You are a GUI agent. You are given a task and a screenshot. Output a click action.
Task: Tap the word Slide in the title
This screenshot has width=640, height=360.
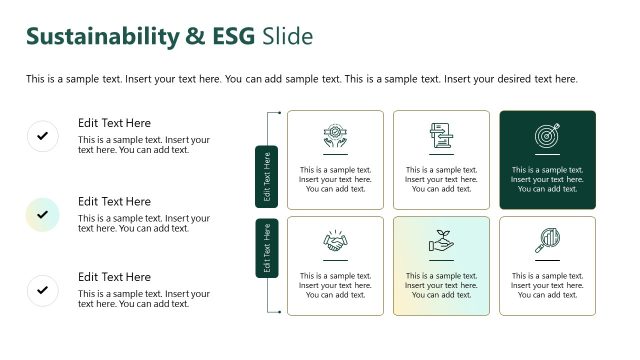[x=288, y=36]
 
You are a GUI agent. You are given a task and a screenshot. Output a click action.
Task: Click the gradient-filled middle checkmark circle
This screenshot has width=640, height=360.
[x=42, y=213]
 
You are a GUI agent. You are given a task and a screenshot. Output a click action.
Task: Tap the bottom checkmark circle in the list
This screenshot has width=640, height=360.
[x=42, y=290]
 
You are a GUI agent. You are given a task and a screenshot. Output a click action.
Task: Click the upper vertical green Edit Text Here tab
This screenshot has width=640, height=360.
[x=267, y=177]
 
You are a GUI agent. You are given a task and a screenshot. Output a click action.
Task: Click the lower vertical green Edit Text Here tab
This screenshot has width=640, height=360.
[x=267, y=248]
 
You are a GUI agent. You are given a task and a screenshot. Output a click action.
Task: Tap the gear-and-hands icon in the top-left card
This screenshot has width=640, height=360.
[x=335, y=135]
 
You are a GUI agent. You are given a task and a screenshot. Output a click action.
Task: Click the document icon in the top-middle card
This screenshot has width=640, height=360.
[x=441, y=135]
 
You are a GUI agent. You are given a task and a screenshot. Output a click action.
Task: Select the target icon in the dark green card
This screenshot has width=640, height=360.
[x=547, y=135]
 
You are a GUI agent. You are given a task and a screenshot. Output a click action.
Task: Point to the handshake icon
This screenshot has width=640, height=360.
[x=335, y=241]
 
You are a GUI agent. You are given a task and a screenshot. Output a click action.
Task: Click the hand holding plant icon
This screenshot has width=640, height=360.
[x=441, y=241]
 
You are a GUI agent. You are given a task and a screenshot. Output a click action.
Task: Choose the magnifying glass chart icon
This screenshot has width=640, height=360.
[x=547, y=241]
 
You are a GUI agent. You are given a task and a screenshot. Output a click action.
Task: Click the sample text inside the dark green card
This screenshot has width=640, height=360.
[x=547, y=179]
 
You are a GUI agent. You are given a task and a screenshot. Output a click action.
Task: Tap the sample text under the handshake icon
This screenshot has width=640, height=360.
[x=335, y=285]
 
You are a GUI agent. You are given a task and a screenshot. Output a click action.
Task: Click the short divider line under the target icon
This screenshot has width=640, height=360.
[x=547, y=155]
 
